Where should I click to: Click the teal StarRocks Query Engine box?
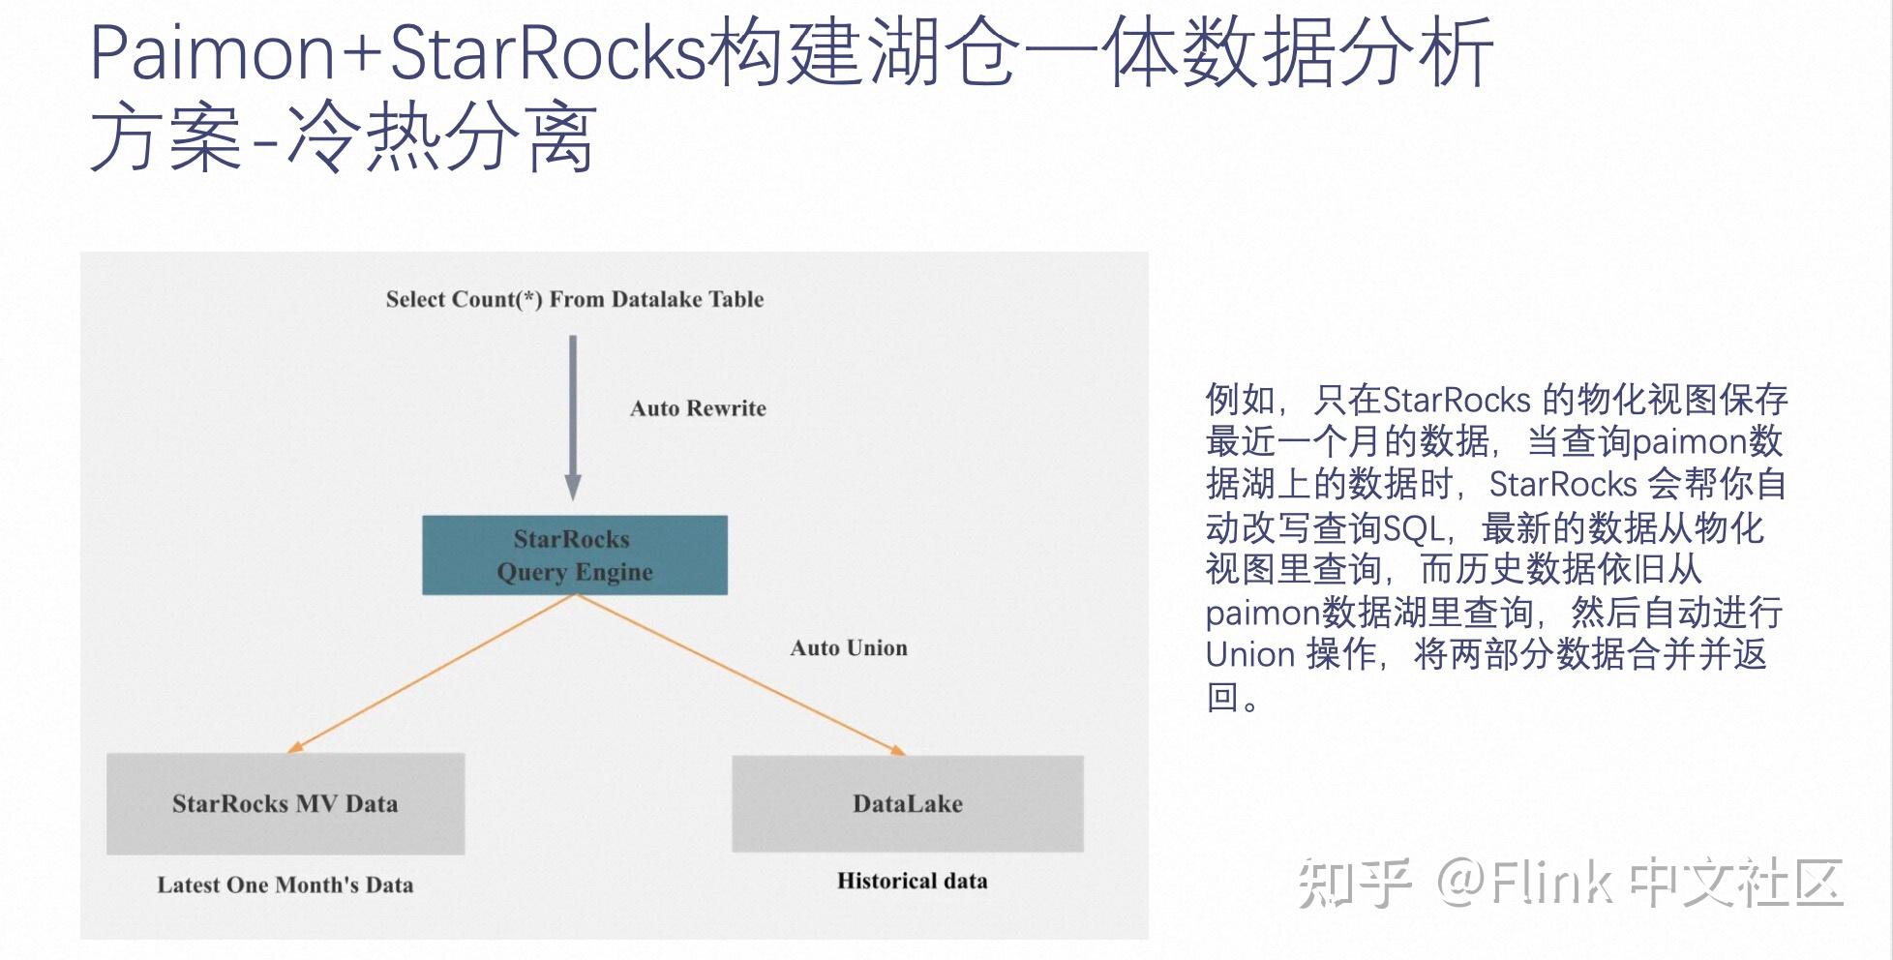point(574,555)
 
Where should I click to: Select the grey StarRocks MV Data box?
point(285,803)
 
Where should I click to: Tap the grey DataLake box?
point(908,803)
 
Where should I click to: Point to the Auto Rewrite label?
point(698,408)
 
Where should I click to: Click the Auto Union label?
point(849,648)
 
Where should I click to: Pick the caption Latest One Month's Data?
point(285,885)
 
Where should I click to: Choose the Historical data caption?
point(912,881)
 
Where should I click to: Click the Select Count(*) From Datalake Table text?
point(575,299)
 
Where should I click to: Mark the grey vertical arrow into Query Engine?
point(573,416)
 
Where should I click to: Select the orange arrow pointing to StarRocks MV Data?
point(431,674)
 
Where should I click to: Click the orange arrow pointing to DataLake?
point(740,674)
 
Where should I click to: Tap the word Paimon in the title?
point(212,52)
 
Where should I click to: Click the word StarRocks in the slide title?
point(547,52)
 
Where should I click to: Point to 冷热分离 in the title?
point(440,138)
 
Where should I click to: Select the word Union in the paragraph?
point(1250,655)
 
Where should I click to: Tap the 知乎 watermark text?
point(1353,883)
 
